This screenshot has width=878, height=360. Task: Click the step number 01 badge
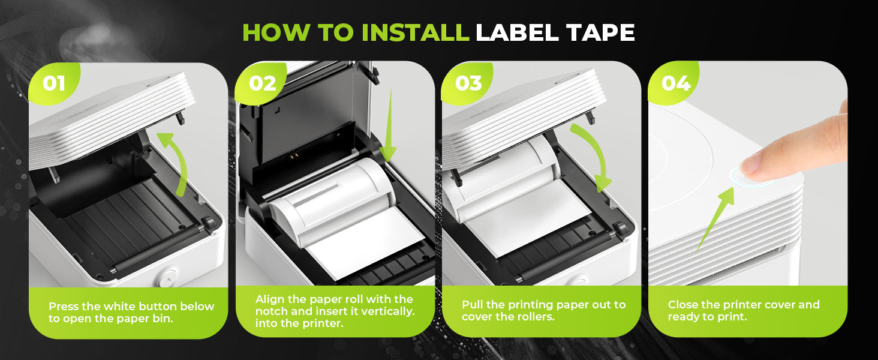[54, 83]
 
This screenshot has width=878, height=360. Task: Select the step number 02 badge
[262, 83]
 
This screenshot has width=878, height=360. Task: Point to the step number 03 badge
[468, 83]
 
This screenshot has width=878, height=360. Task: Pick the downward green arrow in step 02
[389, 125]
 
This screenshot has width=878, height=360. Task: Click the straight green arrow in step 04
[715, 220]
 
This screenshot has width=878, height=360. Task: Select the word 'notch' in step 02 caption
[271, 311]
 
